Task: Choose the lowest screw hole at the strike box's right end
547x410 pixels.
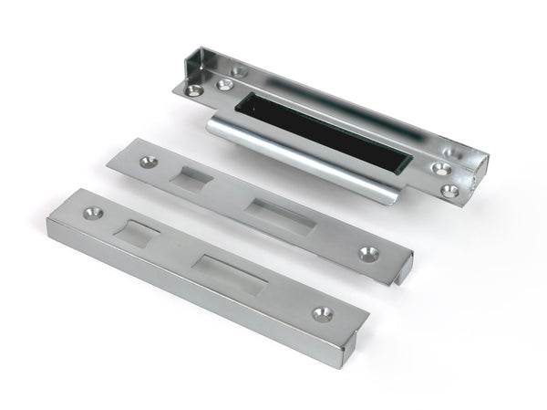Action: pyautogui.click(x=450, y=191)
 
